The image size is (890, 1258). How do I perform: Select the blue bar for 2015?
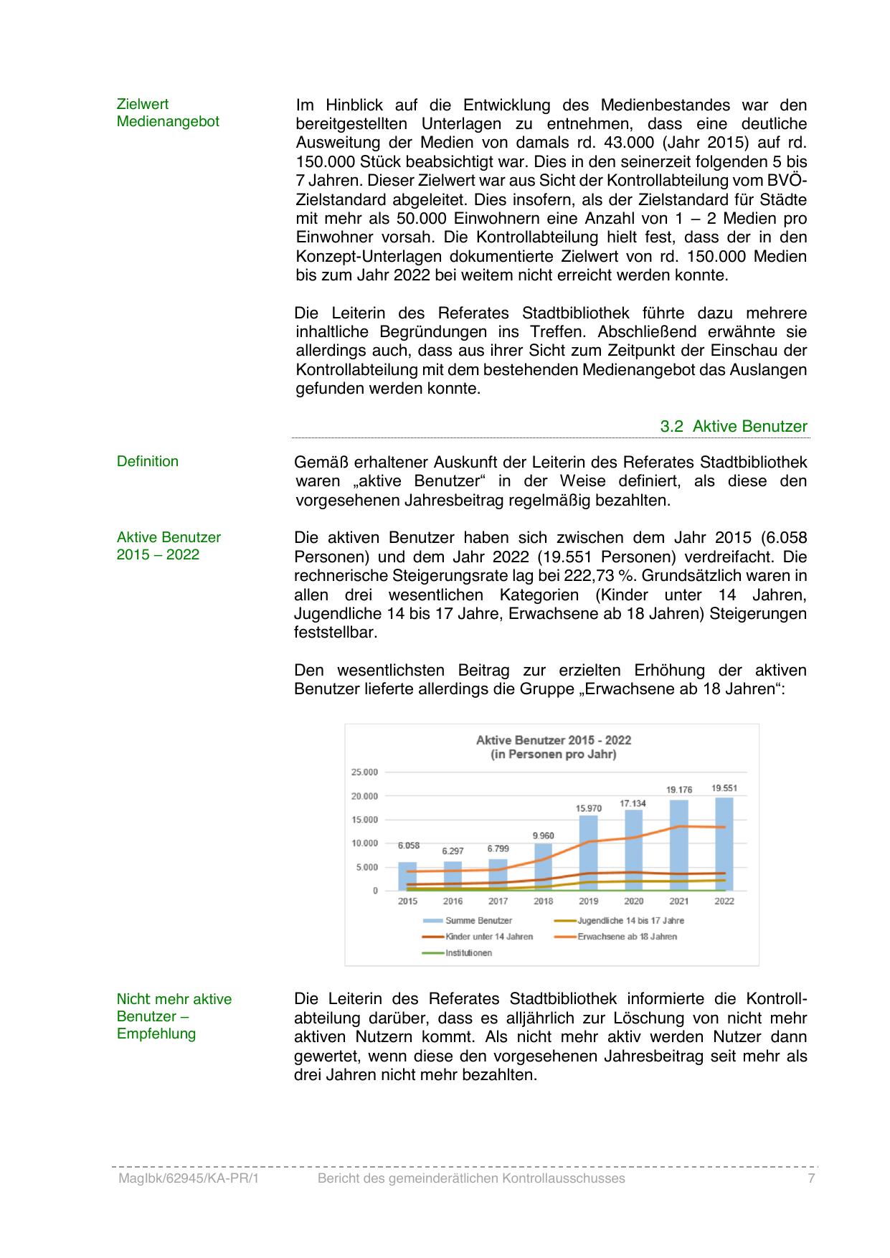(x=407, y=876)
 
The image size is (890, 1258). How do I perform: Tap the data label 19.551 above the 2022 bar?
(x=724, y=788)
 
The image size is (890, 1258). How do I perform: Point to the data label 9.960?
(x=543, y=836)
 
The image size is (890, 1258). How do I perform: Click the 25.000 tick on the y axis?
(x=364, y=772)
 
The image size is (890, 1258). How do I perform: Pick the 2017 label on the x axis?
(x=498, y=902)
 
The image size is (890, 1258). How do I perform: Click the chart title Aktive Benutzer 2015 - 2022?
(x=554, y=740)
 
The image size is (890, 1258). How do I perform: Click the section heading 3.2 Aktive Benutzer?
(x=734, y=427)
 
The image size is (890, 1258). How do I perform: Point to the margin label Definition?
(x=148, y=462)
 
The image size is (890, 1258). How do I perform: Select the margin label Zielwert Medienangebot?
(x=168, y=113)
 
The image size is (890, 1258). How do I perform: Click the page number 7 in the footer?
(x=811, y=1178)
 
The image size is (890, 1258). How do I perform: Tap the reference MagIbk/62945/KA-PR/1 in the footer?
(x=187, y=1178)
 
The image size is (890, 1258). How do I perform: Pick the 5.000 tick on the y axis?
(x=366, y=867)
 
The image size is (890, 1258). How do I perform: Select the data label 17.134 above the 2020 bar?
(x=633, y=804)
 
